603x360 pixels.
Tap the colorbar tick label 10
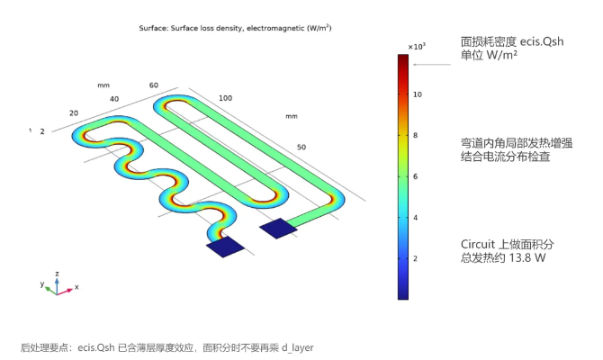(418, 94)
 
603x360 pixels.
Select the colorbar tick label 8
(415, 135)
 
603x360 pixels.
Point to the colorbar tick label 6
(415, 176)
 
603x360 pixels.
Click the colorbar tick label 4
(415, 218)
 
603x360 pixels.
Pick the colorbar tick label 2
(415, 258)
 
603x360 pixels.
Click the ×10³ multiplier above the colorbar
(417, 47)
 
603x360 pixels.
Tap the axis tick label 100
(225, 98)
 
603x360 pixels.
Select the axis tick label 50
(301, 148)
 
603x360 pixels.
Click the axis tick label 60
(153, 85)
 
